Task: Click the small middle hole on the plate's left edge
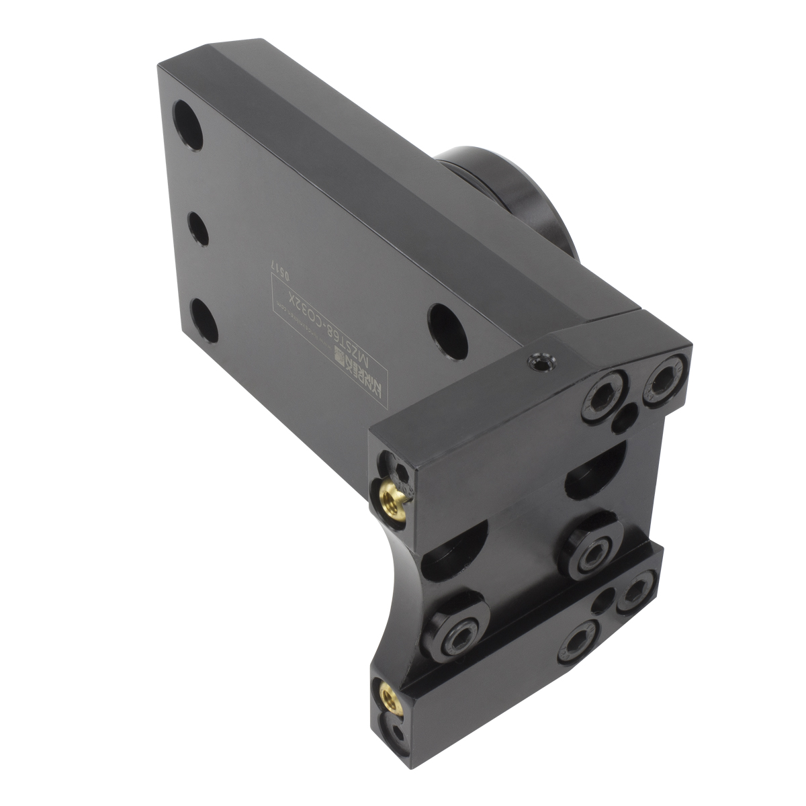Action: tap(195, 227)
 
